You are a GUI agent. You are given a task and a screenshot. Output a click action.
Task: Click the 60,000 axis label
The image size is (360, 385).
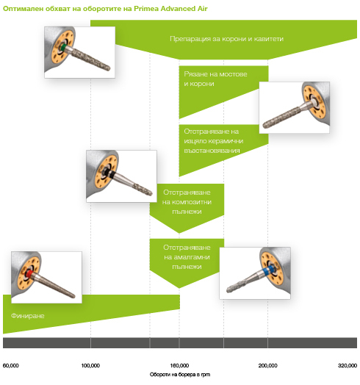click(11, 366)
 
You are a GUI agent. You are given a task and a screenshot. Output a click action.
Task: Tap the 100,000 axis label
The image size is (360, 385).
click(90, 366)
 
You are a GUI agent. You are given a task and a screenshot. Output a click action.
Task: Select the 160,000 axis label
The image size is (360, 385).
click(179, 366)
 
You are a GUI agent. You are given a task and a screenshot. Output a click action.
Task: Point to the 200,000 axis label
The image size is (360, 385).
click(268, 366)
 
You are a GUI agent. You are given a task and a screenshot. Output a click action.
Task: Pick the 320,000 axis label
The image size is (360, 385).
click(348, 366)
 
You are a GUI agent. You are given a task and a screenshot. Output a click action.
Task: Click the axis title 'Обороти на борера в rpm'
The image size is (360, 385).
click(180, 375)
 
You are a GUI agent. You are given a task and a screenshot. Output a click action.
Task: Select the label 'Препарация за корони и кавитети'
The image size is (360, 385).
click(227, 39)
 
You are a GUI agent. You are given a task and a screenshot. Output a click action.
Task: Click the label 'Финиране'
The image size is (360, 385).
click(28, 316)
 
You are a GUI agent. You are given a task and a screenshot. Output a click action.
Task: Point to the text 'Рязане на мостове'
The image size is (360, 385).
click(215, 74)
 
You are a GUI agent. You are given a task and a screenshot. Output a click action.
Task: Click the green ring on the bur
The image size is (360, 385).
click(63, 47)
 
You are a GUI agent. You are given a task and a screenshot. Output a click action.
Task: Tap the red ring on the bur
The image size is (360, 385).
click(29, 273)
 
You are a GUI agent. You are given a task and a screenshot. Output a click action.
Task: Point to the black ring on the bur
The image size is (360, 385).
click(112, 175)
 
